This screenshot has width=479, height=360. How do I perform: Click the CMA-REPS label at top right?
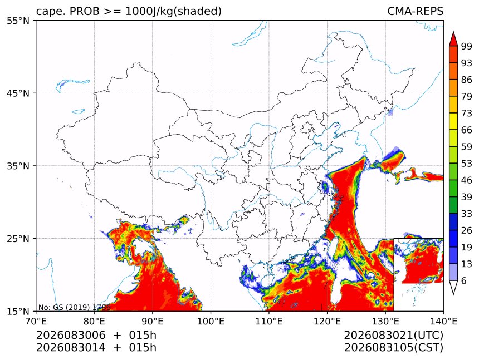point(415,11)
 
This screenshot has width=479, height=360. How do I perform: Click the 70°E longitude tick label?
point(36,321)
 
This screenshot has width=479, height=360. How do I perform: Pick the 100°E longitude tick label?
point(211,321)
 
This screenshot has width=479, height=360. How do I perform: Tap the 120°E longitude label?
point(327,321)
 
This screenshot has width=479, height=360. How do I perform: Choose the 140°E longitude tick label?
point(443,321)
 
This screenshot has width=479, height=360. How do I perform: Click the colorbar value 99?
point(467,46)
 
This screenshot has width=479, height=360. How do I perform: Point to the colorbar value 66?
point(467,130)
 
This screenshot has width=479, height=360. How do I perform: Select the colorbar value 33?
point(467,214)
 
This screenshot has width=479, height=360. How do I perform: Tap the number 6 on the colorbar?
point(464,280)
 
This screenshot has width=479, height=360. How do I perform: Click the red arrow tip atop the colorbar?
point(453,32)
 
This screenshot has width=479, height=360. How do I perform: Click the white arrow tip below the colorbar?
point(453,293)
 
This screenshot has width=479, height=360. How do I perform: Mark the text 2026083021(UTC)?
point(393,335)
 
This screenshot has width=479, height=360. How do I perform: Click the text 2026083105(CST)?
point(393,348)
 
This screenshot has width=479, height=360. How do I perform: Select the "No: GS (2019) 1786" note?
point(74,307)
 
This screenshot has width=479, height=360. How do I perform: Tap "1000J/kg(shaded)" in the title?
point(174,11)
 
